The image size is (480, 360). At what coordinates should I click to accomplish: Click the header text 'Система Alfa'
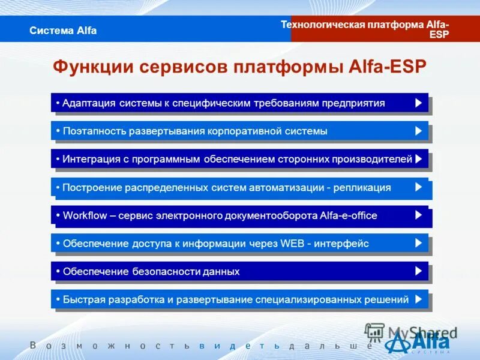[x=63, y=31]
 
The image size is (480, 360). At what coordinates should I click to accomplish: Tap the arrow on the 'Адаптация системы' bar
[x=418, y=103]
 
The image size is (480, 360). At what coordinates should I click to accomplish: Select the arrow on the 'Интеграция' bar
[x=418, y=159]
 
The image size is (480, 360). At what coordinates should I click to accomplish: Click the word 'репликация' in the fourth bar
[x=364, y=187]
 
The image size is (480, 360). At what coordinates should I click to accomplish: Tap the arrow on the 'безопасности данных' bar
[x=418, y=271]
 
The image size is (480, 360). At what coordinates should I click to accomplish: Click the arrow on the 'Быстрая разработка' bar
[x=418, y=299]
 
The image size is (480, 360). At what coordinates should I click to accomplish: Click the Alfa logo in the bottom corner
[x=420, y=344]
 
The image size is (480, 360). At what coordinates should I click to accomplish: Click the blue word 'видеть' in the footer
[x=241, y=346]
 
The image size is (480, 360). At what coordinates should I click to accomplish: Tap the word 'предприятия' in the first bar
[x=356, y=103]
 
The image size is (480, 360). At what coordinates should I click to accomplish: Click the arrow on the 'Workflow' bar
[x=418, y=215]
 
